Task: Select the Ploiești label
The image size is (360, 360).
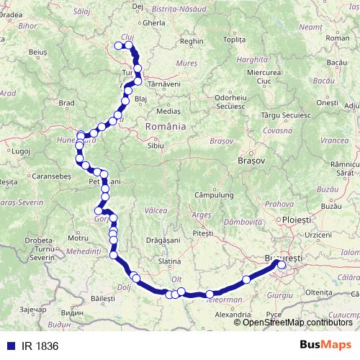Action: pos(295,217)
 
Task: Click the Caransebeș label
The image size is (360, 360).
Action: pos(51,176)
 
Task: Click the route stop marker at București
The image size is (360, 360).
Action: pos(280,265)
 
